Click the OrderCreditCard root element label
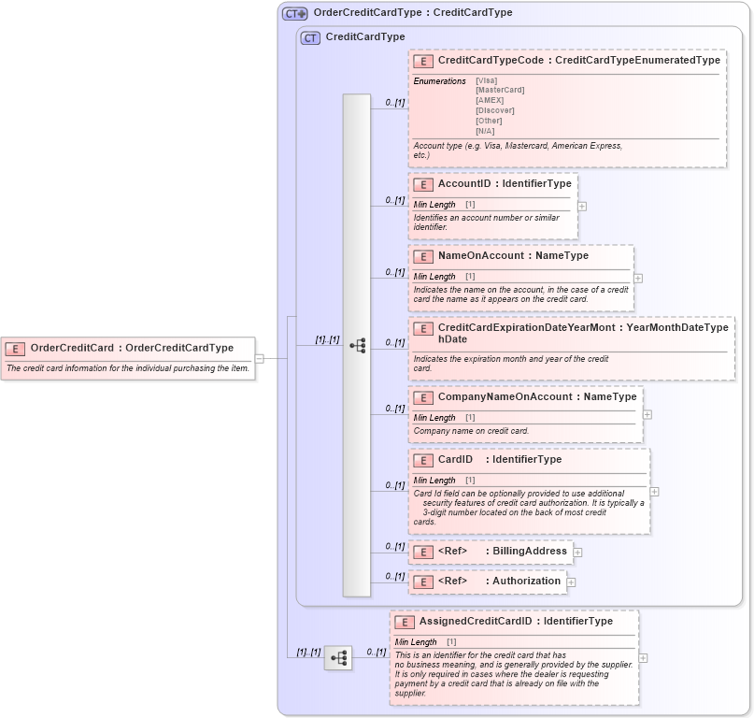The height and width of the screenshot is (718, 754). point(73,348)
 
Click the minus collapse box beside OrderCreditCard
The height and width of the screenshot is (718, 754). point(260,358)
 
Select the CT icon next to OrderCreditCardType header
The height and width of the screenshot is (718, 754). point(294,13)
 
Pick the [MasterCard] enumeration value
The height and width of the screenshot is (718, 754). point(500,90)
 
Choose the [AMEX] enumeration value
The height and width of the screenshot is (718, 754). point(490,100)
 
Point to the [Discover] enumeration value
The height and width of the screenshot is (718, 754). point(494,110)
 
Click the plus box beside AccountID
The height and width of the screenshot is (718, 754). point(582,206)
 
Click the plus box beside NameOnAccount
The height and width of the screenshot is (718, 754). point(638,278)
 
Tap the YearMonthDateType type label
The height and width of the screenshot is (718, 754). point(677,327)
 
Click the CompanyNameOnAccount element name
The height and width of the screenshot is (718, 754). point(505,396)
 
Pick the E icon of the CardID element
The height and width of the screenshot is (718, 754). point(422,460)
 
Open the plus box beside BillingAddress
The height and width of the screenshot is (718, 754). point(577,552)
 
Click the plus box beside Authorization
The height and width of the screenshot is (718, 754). point(571,582)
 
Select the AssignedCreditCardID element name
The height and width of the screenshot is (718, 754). point(475,621)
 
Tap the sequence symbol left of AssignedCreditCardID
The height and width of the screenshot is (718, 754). point(338,658)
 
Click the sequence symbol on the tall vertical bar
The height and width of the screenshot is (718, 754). point(357,345)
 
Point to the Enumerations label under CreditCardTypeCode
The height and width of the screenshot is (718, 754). point(439,80)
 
